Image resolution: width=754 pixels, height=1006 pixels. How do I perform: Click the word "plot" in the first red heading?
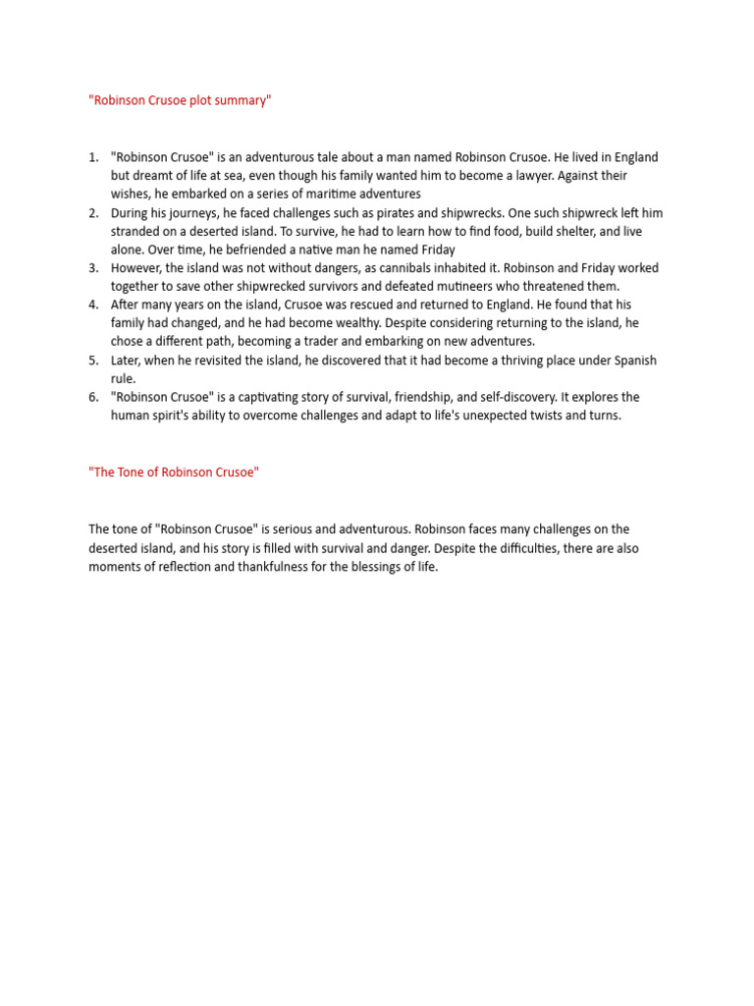pos(191,100)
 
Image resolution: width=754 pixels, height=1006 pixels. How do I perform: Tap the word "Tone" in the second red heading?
pos(132,472)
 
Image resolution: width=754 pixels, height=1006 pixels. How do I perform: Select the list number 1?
pos(93,157)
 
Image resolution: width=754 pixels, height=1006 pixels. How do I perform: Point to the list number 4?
pos(93,305)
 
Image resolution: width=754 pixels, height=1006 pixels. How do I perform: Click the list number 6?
pos(93,397)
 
